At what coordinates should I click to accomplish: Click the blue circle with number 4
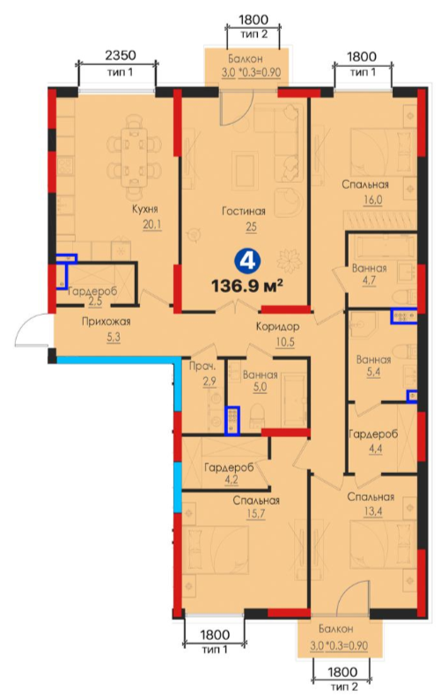click(248, 261)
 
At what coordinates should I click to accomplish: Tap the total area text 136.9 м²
click(247, 286)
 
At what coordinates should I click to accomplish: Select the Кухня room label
click(145, 208)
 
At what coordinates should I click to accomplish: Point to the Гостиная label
click(244, 211)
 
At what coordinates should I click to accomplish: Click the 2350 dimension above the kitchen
click(120, 55)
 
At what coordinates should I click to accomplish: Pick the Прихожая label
click(107, 322)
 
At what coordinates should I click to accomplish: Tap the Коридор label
click(277, 327)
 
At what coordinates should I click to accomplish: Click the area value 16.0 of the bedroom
click(372, 200)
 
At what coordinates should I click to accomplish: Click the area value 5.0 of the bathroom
click(260, 387)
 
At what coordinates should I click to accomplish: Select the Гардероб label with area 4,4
click(373, 434)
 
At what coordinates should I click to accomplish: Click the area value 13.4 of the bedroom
click(371, 512)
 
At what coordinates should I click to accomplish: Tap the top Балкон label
click(246, 59)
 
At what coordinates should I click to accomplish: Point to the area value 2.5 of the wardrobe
click(95, 302)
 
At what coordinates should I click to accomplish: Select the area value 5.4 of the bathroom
click(373, 372)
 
